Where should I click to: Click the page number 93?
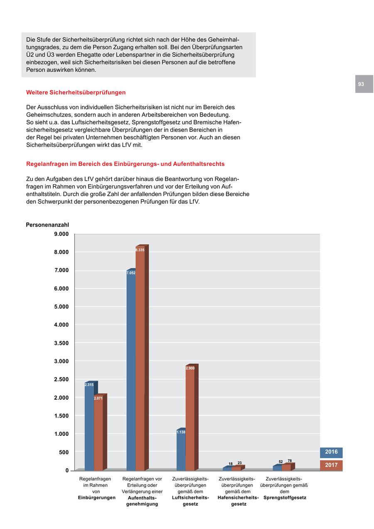tap(361, 84)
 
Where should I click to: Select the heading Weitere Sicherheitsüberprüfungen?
tap(76, 92)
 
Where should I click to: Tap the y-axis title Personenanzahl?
tap(47, 225)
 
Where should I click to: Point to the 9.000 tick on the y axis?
tap(61, 234)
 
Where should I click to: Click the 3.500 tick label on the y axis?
tap(61, 343)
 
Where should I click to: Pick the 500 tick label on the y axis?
tap(64, 452)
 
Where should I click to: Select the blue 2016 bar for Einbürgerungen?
tap(89, 428)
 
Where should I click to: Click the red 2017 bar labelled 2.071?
tap(98, 435)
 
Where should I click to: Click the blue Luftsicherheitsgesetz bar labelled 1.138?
tap(181, 451)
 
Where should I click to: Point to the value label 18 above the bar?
tap(231, 464)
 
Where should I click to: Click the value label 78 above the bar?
tap(290, 461)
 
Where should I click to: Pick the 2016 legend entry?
tap(331, 452)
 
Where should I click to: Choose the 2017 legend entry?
tap(331, 465)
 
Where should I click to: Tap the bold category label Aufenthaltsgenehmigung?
tap(142, 501)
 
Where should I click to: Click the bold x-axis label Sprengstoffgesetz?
tap(285, 498)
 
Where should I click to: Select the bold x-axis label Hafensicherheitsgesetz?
tap(238, 501)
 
